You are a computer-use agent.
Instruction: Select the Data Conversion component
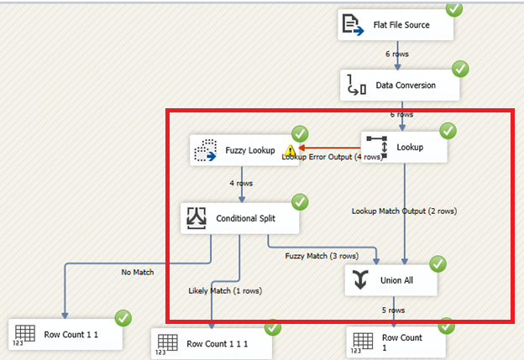pos(399,86)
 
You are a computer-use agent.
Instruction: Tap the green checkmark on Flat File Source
pos(454,9)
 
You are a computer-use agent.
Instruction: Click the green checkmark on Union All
pos(438,264)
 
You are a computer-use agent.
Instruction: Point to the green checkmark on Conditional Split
pos(300,202)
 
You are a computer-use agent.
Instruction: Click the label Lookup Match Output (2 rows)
pos(404,211)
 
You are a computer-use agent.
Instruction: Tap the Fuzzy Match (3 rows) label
pos(322,256)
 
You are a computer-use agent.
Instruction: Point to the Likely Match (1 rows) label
pos(224,290)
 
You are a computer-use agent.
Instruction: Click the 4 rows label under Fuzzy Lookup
pos(241,183)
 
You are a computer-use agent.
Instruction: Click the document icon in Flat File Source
pos(351,26)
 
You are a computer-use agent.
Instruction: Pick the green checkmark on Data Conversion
pos(460,69)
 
